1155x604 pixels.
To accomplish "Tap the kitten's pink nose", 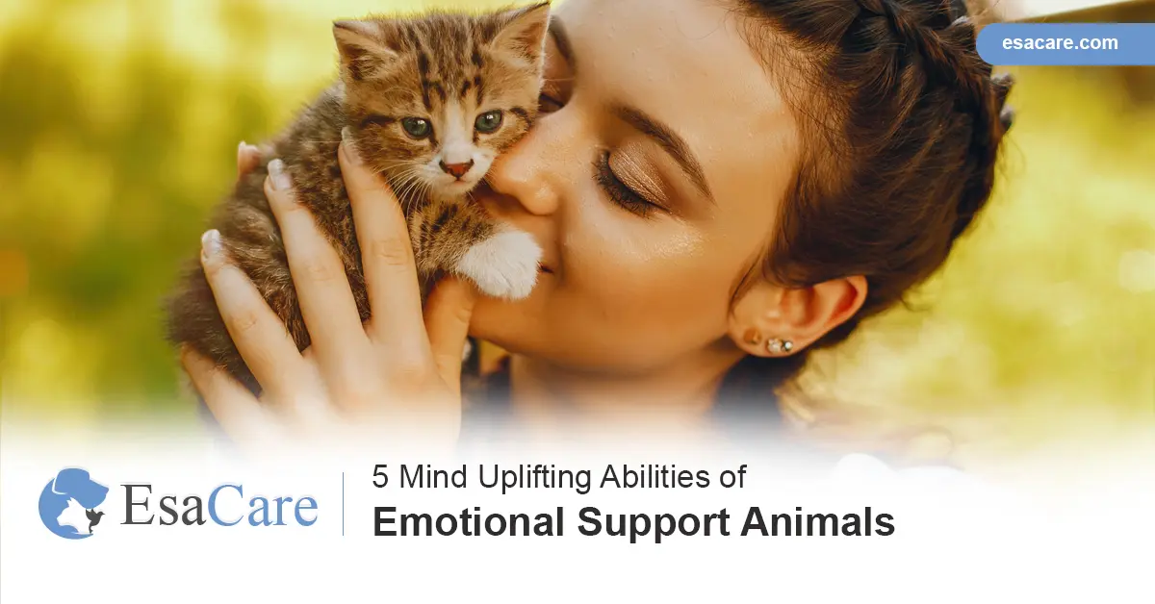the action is (457, 169).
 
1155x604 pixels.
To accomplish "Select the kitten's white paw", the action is (500, 263).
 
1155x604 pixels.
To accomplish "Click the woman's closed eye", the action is (627, 183).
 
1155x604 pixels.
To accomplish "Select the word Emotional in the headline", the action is (468, 522).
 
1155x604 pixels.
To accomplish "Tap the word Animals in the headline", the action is (818, 522).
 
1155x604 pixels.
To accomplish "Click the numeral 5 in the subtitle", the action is (379, 477).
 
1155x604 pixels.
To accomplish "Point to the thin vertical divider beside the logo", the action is (343, 504).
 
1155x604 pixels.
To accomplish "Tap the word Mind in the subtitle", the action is (433, 477).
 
